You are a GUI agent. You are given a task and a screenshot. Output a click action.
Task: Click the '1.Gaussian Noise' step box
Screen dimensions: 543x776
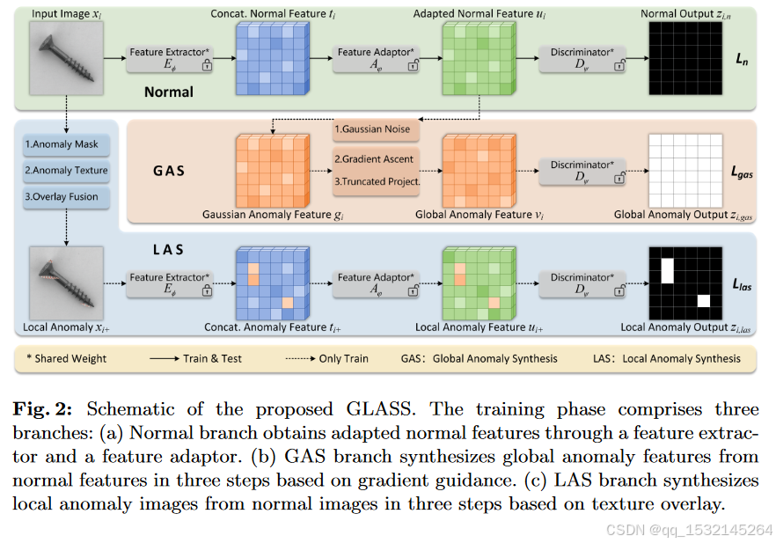(377, 129)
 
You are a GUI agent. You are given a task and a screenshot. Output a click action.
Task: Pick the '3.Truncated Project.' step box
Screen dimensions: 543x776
(377, 182)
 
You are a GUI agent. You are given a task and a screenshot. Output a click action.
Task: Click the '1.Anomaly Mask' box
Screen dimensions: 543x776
(62, 145)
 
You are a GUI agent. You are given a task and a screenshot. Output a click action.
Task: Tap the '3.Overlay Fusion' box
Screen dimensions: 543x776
(62, 196)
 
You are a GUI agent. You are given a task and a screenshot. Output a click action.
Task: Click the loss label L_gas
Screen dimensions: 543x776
(743, 174)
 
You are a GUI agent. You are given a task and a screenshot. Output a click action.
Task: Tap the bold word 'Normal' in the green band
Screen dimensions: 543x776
(170, 92)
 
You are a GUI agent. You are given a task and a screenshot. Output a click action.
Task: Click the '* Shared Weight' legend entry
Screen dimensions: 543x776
(67, 358)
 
